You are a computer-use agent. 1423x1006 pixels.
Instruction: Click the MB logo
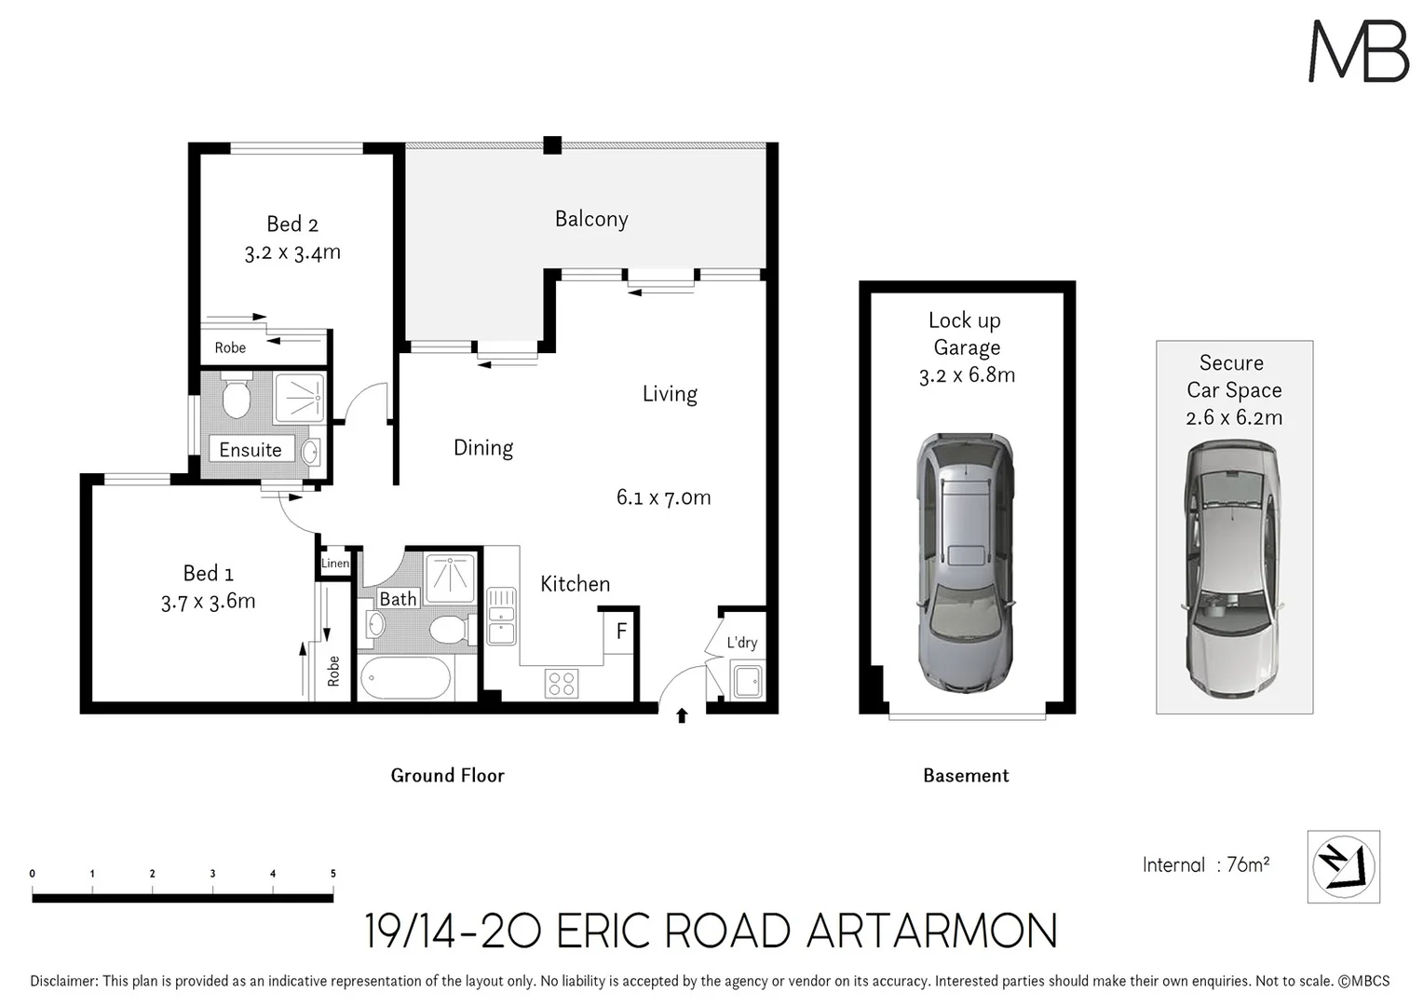pyautogui.click(x=1359, y=51)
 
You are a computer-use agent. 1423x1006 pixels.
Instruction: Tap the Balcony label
pyautogui.click(x=591, y=219)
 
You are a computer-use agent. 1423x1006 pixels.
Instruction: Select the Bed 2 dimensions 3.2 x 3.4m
pyautogui.click(x=292, y=252)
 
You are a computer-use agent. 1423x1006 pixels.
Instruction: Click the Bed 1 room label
pyautogui.click(x=208, y=573)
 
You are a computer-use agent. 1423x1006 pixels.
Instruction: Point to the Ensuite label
pyautogui.click(x=250, y=450)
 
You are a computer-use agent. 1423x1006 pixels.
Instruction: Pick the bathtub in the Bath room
pyautogui.click(x=405, y=678)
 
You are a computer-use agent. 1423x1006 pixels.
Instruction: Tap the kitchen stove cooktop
pyautogui.click(x=561, y=684)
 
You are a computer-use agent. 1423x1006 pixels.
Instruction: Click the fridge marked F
pyautogui.click(x=621, y=632)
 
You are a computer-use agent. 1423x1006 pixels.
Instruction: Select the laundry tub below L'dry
pyautogui.click(x=747, y=680)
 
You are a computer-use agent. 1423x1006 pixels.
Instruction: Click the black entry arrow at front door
pyautogui.click(x=682, y=715)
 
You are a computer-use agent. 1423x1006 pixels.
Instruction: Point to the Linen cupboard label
pyautogui.click(x=334, y=564)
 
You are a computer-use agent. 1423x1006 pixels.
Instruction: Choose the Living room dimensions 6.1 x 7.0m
pyautogui.click(x=663, y=497)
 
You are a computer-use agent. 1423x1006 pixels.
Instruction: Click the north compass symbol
pyautogui.click(x=1343, y=866)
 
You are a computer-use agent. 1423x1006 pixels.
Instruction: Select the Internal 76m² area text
pyautogui.click(x=1206, y=864)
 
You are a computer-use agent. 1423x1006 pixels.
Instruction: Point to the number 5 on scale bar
pyautogui.click(x=332, y=874)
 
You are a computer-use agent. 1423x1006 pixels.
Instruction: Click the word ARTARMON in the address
pyautogui.click(x=931, y=931)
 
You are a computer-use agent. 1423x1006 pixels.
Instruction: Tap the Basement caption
pyautogui.click(x=966, y=775)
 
